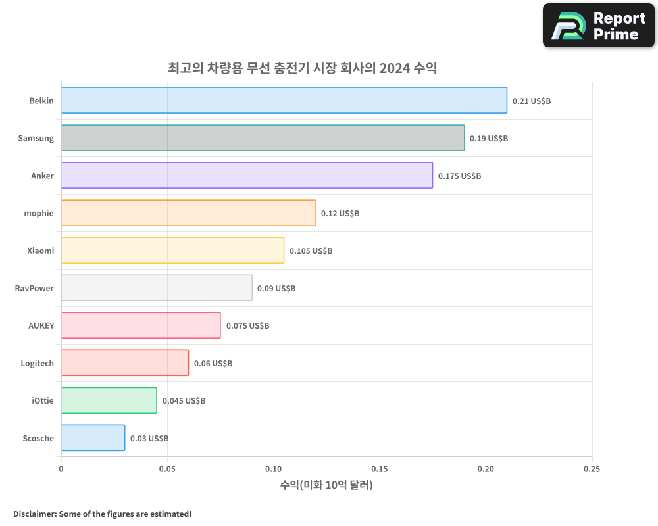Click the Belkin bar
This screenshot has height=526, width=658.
284,101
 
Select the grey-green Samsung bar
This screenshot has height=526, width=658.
263,138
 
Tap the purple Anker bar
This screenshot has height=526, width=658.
247,176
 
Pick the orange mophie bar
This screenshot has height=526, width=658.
188,213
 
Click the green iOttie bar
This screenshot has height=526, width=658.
109,400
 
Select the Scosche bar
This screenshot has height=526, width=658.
93,438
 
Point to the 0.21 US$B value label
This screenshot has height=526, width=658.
531,101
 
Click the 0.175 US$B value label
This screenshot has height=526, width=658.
459,176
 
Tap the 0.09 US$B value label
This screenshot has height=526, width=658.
276,289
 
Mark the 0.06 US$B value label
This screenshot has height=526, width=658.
213,364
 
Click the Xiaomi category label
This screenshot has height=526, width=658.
41,251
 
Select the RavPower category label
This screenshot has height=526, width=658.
34,288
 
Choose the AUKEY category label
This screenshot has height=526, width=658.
41,325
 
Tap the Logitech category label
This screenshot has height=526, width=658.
37,363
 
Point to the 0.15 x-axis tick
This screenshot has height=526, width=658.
379,469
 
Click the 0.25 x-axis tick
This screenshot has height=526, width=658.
592,469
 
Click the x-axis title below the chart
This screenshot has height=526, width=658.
326,485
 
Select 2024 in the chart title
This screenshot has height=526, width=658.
394,68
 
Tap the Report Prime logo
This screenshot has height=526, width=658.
598,26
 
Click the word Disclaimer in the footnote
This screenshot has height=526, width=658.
34,514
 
